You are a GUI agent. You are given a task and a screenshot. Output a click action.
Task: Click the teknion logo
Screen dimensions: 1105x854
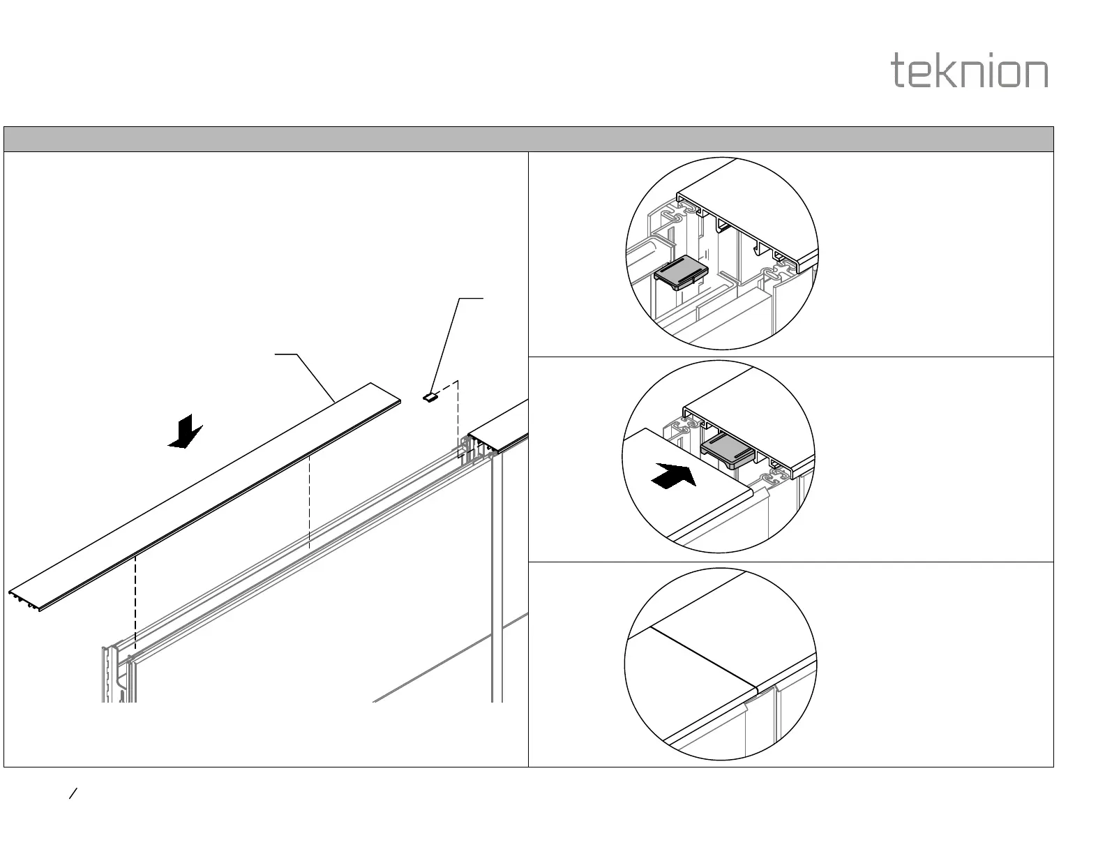pos(970,72)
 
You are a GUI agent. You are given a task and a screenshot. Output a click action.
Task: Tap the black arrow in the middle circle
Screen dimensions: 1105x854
pos(672,476)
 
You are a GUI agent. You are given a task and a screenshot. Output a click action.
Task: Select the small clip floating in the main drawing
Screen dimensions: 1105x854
pos(430,397)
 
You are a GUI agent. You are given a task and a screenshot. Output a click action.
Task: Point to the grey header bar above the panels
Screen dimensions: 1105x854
pos(528,139)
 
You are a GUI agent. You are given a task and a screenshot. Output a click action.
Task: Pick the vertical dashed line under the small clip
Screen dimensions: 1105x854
pos(458,419)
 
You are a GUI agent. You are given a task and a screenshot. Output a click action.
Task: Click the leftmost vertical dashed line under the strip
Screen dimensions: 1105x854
pos(135,600)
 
